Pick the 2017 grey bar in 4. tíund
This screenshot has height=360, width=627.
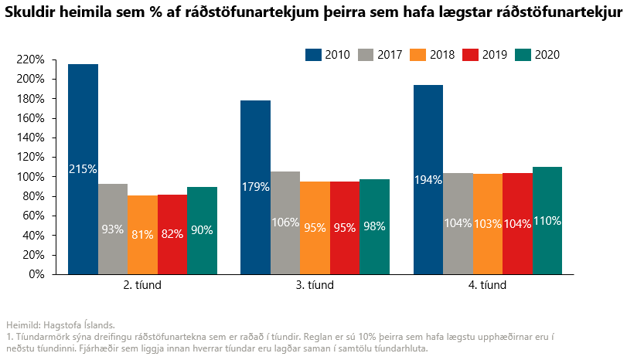[458, 223]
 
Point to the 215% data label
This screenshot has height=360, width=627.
[83, 168]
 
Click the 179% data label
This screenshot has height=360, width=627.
[255, 186]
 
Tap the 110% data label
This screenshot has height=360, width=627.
[547, 221]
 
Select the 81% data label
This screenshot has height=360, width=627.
[142, 235]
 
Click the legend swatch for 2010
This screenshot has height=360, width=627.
[313, 55]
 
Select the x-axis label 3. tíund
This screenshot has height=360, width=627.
[315, 285]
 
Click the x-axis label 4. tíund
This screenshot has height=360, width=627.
[488, 285]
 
